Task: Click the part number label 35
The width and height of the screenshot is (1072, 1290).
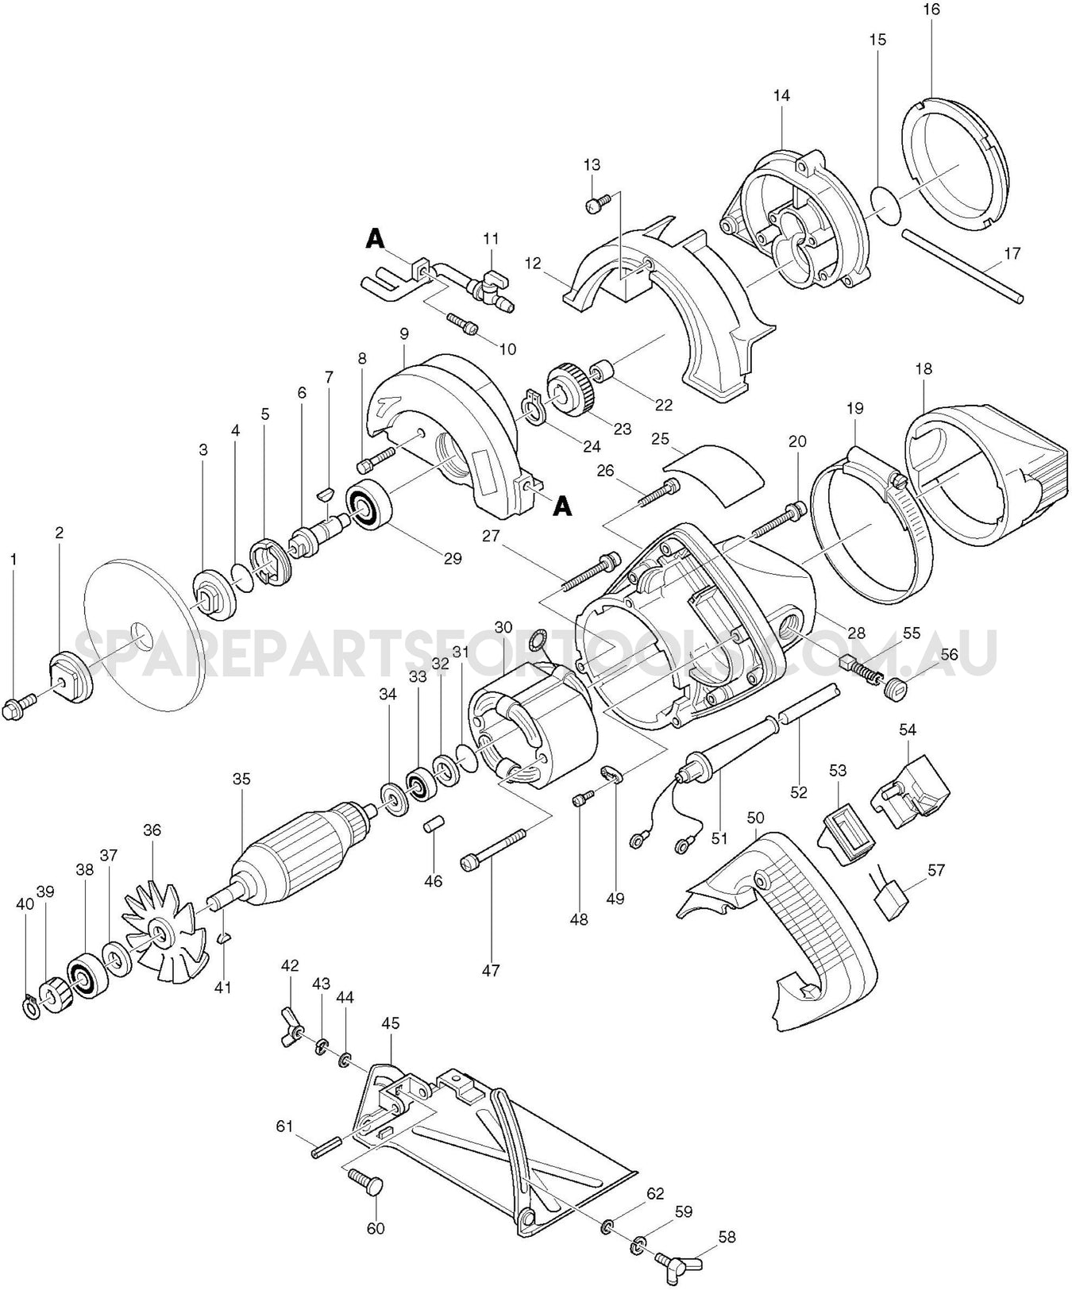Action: [241, 779]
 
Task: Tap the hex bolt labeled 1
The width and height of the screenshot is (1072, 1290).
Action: [20, 704]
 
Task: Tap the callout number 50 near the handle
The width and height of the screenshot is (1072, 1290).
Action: [756, 817]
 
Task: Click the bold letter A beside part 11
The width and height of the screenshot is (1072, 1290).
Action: [375, 238]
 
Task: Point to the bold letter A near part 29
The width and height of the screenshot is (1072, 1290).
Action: [562, 506]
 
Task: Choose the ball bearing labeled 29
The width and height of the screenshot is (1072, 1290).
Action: [368, 505]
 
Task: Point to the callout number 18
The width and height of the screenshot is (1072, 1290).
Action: [923, 369]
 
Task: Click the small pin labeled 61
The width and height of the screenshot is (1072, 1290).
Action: [326, 1148]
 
